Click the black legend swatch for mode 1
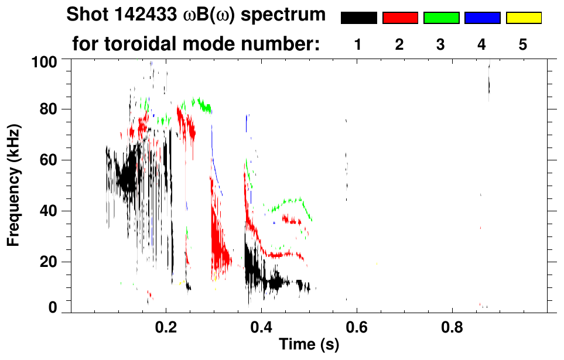[x=358, y=18]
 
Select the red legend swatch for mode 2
[x=399, y=18]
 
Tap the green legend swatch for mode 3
[x=441, y=18]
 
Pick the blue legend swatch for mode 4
[x=482, y=18]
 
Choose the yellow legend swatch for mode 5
[x=523, y=18]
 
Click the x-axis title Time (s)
[x=308, y=345]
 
